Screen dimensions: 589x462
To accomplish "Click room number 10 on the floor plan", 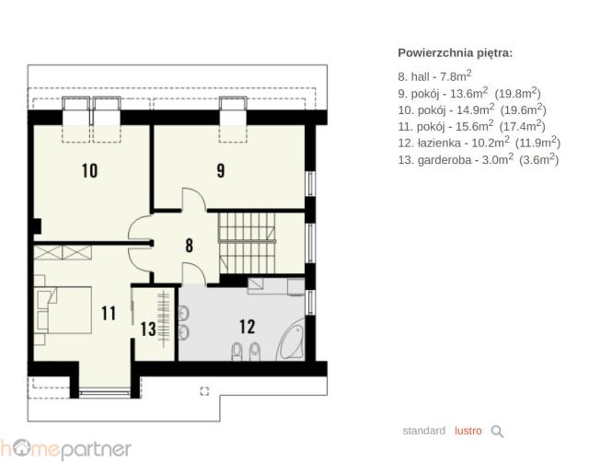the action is tap(90, 171).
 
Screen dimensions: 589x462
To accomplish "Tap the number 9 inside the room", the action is tap(221, 170).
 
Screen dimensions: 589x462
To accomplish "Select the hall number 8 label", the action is tap(190, 246).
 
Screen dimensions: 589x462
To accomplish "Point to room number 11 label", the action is tap(109, 313).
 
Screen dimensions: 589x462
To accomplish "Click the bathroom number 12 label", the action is tap(248, 327).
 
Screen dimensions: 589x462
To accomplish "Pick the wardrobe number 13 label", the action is tap(148, 329).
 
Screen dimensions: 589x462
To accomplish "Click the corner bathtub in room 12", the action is tap(291, 340).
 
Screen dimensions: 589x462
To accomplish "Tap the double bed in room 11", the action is tap(64, 310).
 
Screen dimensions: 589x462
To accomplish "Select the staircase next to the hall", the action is tap(248, 243).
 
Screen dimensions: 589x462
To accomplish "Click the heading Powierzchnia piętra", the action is tap(455, 53).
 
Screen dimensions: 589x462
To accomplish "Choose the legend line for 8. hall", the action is tap(434, 75).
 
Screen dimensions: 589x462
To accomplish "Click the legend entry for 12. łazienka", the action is tap(479, 143).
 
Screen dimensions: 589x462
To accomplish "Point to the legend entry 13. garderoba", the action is tap(479, 159).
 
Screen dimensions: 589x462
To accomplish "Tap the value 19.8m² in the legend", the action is tap(517, 93).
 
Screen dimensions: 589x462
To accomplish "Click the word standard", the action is tap(423, 431).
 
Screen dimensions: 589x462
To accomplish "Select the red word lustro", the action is tap(468, 431).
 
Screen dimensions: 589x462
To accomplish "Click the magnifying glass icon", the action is tap(497, 432).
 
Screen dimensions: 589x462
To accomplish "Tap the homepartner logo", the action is tap(65, 449).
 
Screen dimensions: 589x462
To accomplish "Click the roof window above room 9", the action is tap(233, 120).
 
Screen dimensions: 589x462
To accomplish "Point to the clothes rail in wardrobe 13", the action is tap(164, 318).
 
